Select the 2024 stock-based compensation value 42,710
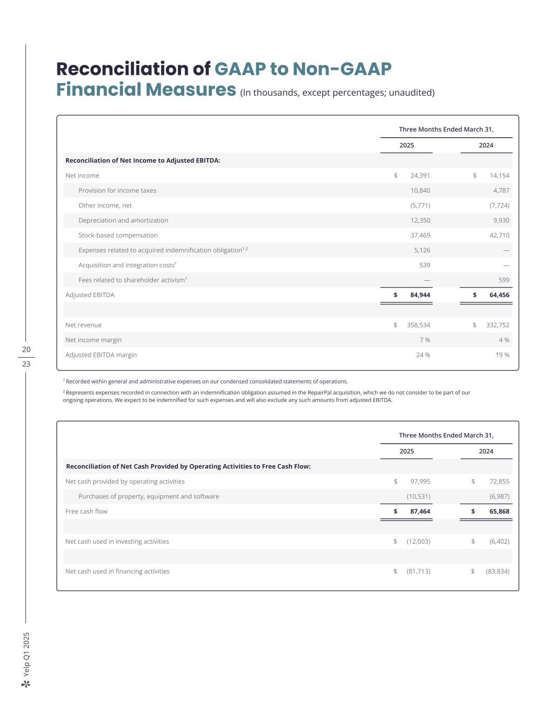(499, 235)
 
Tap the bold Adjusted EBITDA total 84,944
(420, 295)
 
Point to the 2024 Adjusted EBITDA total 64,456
(499, 295)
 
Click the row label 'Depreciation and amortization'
(123, 221)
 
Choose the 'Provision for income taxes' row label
(117, 191)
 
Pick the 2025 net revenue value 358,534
(419, 325)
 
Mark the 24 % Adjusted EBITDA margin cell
(423, 355)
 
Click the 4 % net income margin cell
(504, 340)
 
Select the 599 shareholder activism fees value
(504, 280)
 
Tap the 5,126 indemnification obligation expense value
(422, 250)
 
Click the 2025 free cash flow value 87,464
(420, 511)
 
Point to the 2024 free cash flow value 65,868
(499, 511)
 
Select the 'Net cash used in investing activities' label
(117, 542)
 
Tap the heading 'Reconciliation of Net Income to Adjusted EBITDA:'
(143, 161)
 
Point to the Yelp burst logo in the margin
(26, 684)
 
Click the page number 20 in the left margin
(26, 349)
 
